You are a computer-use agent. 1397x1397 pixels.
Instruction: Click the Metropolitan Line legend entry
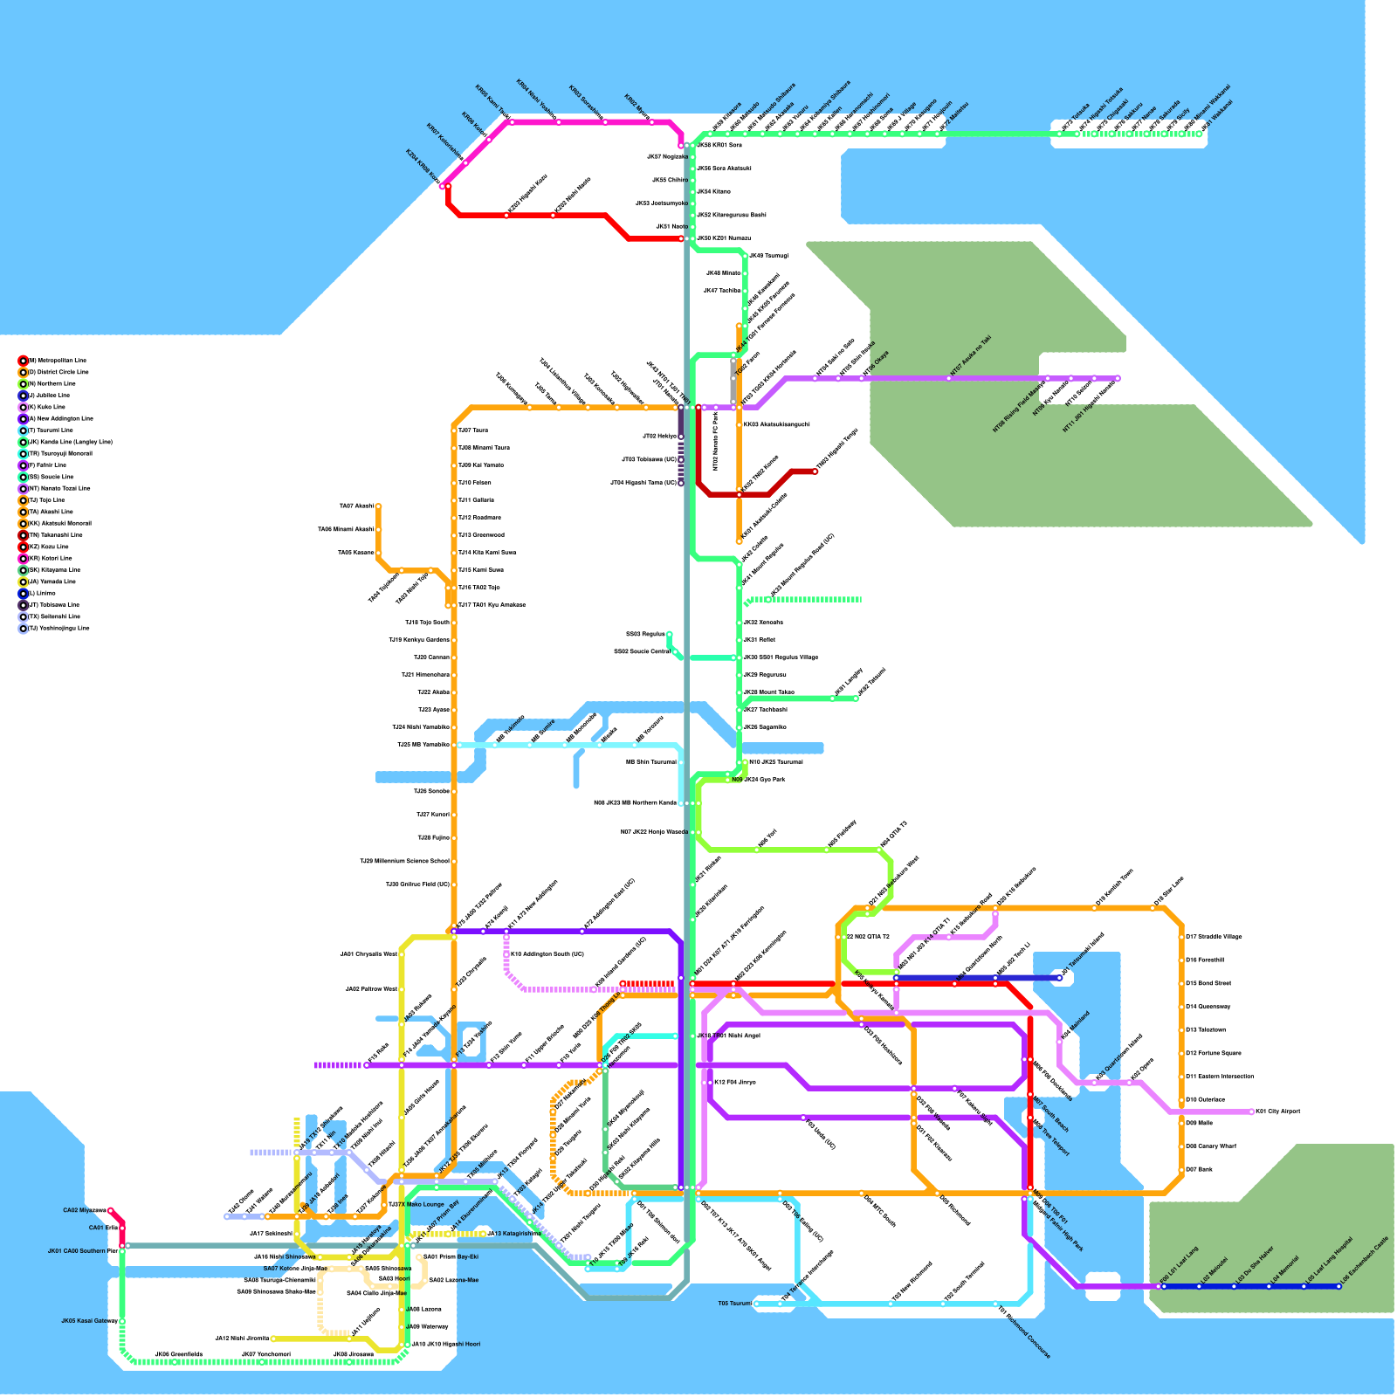click(x=57, y=361)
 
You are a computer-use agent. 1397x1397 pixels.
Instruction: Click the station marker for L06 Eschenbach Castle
click(x=1339, y=1286)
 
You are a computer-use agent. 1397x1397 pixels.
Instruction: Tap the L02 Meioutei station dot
click(x=1199, y=1286)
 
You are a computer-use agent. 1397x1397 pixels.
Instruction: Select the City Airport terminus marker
click(x=1252, y=1111)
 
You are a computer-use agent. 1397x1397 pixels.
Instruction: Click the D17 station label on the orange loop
click(x=1213, y=937)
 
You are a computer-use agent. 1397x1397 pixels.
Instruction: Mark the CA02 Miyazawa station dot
click(x=110, y=1210)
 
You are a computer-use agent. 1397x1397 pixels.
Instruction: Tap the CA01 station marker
click(x=121, y=1228)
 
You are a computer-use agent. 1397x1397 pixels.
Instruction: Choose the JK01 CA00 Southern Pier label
click(x=82, y=1251)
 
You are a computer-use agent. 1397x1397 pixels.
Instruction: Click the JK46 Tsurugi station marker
click(x=745, y=256)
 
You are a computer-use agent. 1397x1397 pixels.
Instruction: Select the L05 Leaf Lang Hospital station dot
click(x=1304, y=1286)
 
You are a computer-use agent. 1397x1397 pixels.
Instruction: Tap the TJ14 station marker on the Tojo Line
click(x=454, y=553)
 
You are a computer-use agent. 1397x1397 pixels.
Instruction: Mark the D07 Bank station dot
click(x=1182, y=1169)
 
